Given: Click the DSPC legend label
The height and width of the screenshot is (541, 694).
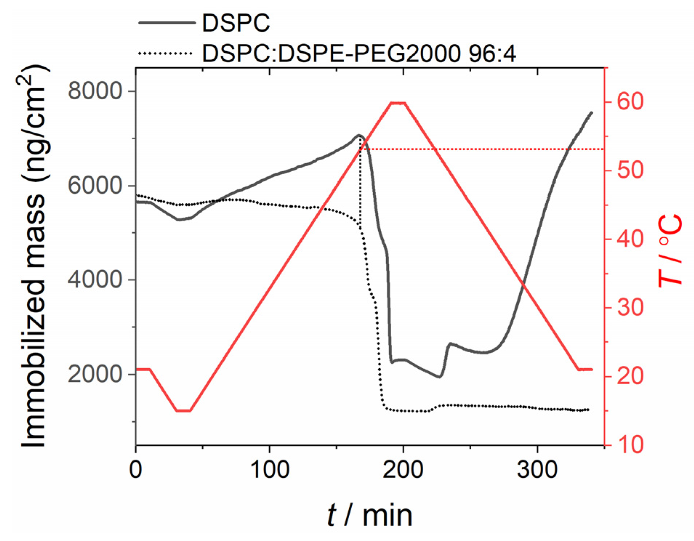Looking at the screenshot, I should coord(236,23).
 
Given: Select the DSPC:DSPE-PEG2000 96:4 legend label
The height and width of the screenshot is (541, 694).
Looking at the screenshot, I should coord(359,54).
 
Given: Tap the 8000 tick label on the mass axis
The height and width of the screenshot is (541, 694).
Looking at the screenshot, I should coord(94,91).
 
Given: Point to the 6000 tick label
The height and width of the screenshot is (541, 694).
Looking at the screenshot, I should coord(94,185).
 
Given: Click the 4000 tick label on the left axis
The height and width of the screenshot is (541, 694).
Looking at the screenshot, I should coord(94,279).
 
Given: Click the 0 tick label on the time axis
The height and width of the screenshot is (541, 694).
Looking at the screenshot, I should coord(136,469).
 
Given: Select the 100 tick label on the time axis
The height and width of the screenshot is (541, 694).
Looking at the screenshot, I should coord(270,469).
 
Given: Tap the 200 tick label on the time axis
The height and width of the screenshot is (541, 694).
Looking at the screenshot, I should coord(403,469).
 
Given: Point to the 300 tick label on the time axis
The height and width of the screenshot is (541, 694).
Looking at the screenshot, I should coord(537,469).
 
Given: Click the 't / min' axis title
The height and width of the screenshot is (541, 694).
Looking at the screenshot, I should coord(370,515).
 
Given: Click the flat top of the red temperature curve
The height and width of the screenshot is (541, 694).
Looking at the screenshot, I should coord(398,103).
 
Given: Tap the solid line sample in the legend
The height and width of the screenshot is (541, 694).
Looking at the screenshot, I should coord(167,23).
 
